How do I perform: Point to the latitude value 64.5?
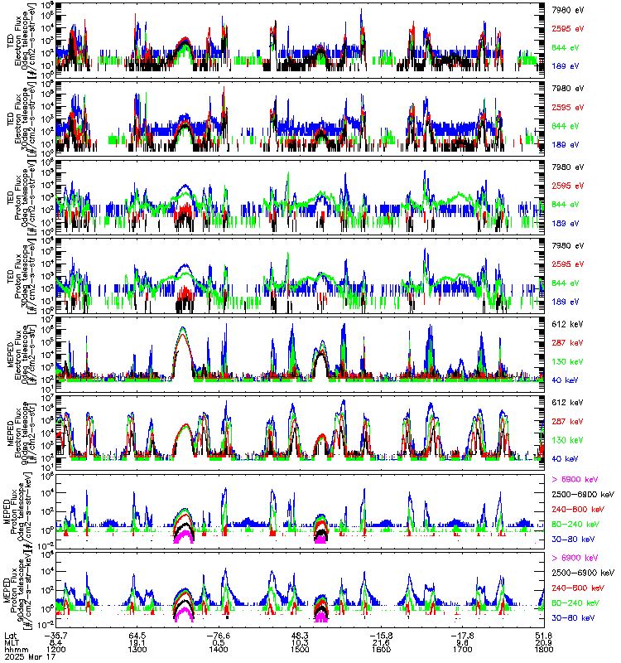point(137,634)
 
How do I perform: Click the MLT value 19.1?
point(137,641)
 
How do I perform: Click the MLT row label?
point(12,641)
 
